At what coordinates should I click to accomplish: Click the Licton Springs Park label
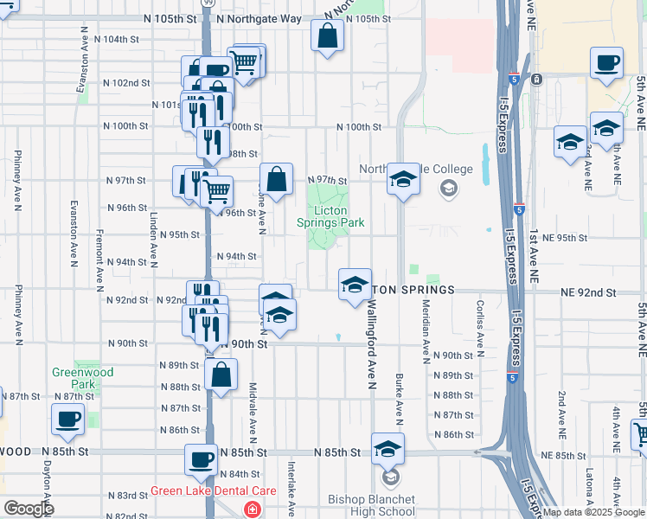(330, 216)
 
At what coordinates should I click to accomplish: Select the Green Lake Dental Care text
(213, 490)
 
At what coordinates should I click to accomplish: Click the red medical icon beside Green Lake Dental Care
(252, 509)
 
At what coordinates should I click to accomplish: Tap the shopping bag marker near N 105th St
(328, 36)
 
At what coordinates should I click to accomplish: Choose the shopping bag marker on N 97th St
(276, 180)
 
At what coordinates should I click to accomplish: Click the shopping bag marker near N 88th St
(221, 375)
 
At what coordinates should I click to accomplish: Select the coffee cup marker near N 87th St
(67, 420)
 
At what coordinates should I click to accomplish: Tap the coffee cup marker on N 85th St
(201, 460)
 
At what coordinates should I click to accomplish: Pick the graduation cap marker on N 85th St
(388, 449)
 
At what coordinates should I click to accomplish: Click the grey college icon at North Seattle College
(448, 188)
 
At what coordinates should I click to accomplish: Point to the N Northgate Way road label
(259, 18)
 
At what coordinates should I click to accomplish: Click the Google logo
(29, 509)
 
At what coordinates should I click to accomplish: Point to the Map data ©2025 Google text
(593, 512)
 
